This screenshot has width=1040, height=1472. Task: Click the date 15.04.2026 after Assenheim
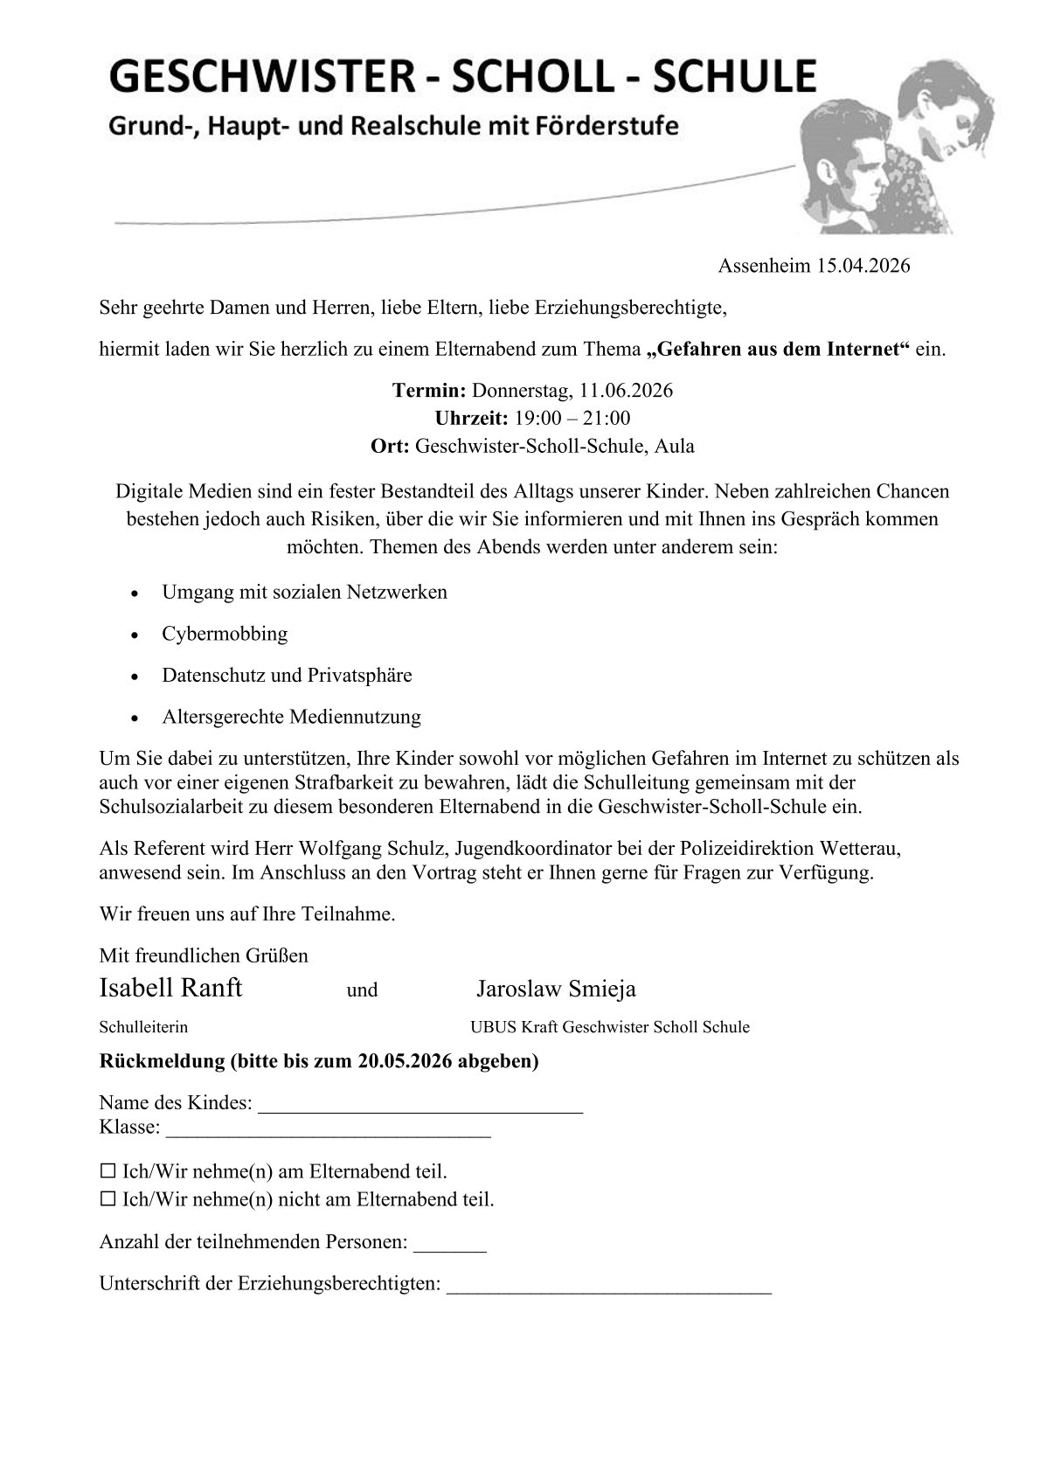click(863, 266)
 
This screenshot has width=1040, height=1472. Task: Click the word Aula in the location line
click(676, 446)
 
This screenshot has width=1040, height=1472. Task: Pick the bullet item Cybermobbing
click(225, 634)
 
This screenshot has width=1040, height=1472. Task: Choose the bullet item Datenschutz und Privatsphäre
click(287, 676)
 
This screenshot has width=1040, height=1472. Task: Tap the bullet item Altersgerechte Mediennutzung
click(291, 718)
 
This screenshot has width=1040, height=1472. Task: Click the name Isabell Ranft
click(170, 989)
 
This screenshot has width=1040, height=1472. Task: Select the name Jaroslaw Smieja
click(556, 989)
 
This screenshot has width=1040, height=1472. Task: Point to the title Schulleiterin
click(143, 1027)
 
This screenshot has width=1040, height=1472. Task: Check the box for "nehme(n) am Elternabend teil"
click(107, 1171)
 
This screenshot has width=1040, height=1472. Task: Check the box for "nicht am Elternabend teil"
click(107, 1199)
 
